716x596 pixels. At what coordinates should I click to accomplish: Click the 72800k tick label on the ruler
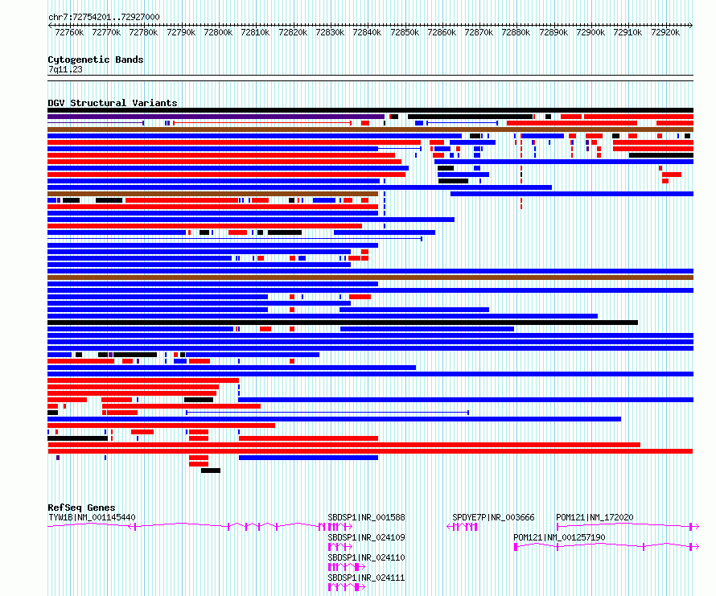pyautogui.click(x=218, y=32)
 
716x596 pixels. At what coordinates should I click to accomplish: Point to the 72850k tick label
pyautogui.click(x=405, y=32)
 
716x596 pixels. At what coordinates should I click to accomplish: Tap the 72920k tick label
pyautogui.click(x=665, y=32)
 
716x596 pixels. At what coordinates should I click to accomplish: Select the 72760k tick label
pyautogui.click(x=69, y=32)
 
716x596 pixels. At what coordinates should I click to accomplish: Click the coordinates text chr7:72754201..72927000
pyautogui.click(x=104, y=17)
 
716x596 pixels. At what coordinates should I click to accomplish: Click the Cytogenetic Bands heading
pyautogui.click(x=96, y=60)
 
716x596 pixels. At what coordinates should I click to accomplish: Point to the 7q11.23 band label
pyautogui.click(x=65, y=69)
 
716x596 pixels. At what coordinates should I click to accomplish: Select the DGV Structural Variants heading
pyautogui.click(x=113, y=103)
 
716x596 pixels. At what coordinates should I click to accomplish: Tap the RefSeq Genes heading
pyautogui.click(x=81, y=508)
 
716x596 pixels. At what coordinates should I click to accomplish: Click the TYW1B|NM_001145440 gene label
pyautogui.click(x=92, y=517)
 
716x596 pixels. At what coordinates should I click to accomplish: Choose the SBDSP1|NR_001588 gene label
pyautogui.click(x=366, y=517)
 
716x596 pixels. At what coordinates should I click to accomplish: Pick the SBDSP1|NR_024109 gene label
pyautogui.click(x=366, y=537)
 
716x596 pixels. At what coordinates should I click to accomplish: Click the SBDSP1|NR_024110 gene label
pyautogui.click(x=366, y=557)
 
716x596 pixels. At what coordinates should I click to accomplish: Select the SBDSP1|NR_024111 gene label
pyautogui.click(x=366, y=578)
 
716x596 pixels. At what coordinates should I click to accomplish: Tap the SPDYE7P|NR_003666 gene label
pyautogui.click(x=493, y=517)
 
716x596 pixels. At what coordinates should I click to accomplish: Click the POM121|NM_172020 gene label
pyautogui.click(x=595, y=517)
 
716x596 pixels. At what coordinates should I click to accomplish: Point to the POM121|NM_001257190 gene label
pyautogui.click(x=559, y=537)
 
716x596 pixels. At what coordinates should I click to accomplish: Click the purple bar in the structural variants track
pyautogui.click(x=216, y=117)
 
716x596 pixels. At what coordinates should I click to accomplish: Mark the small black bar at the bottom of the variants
pyautogui.click(x=211, y=471)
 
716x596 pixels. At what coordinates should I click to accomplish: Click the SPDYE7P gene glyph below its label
pyautogui.click(x=462, y=527)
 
